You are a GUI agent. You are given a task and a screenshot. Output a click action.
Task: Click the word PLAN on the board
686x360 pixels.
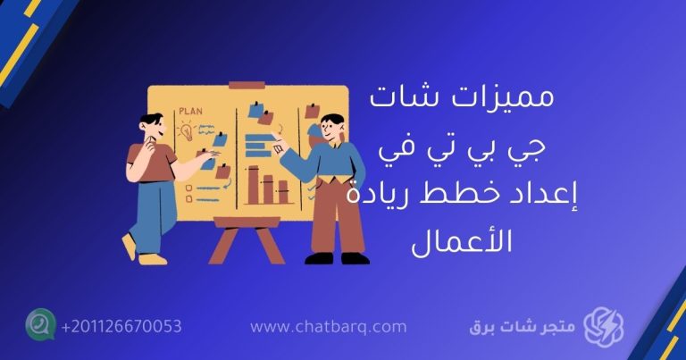click(x=190, y=112)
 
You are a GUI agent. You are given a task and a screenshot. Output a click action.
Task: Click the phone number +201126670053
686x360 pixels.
click(x=121, y=326)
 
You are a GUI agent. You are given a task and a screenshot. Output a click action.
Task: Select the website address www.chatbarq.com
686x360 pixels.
click(x=328, y=327)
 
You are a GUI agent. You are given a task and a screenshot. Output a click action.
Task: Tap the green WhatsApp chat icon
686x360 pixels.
click(x=40, y=324)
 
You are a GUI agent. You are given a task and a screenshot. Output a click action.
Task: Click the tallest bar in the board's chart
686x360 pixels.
click(x=253, y=184)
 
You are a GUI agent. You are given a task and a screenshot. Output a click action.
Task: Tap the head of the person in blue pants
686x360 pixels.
click(x=151, y=127)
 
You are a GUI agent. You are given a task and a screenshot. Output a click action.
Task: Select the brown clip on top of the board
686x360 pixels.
click(x=241, y=86)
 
